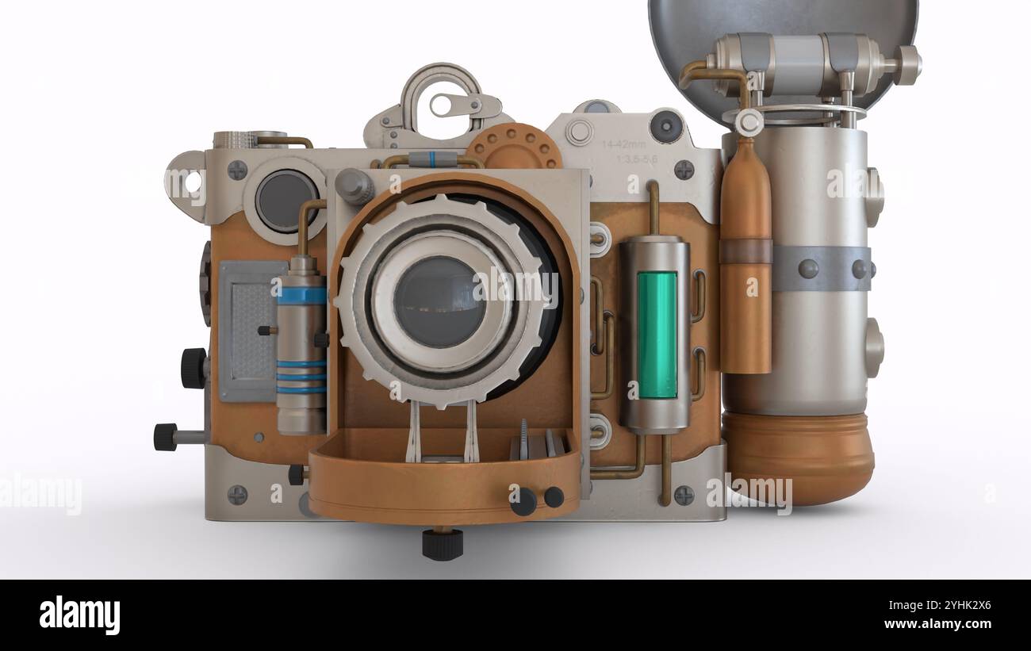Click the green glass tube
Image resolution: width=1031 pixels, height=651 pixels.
(x=657, y=335)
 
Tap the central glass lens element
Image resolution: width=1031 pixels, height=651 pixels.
(x=439, y=302)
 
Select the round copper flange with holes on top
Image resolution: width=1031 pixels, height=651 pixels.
(x=513, y=147)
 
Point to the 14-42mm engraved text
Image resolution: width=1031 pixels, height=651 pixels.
(x=623, y=144)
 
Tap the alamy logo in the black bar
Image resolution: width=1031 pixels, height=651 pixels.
(x=79, y=615)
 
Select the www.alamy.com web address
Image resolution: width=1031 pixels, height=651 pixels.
(x=941, y=624)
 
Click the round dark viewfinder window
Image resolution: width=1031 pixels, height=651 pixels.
(x=286, y=200)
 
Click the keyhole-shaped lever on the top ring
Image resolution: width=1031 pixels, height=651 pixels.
(x=465, y=104)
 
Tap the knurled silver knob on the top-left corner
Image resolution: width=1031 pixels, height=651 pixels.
(x=233, y=140)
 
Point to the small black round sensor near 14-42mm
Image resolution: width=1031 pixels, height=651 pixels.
(x=665, y=126)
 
